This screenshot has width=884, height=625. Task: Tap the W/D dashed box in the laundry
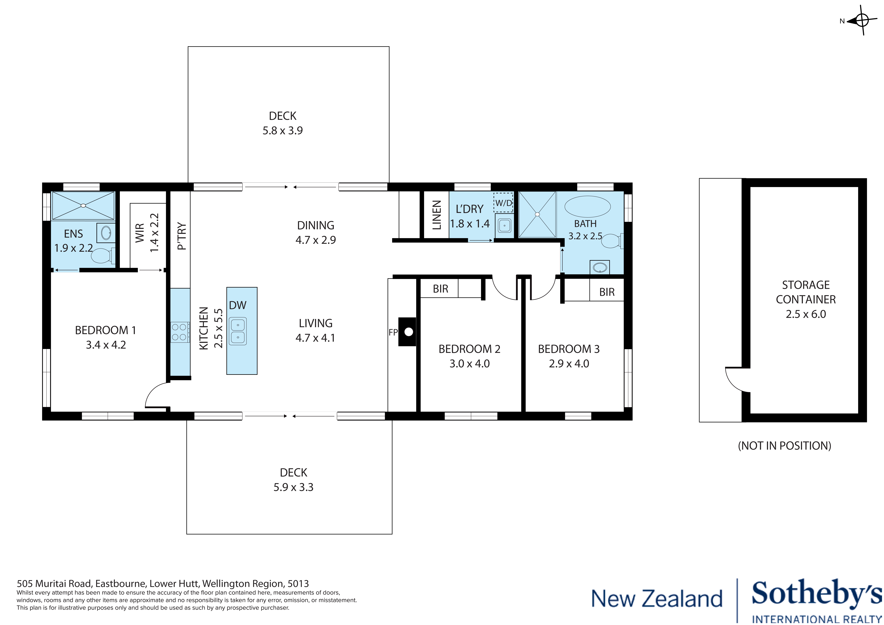(503, 203)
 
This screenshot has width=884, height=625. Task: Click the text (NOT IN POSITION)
(784, 446)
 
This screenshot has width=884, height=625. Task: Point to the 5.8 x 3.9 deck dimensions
(283, 131)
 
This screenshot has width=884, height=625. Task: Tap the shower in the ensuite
(83, 206)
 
